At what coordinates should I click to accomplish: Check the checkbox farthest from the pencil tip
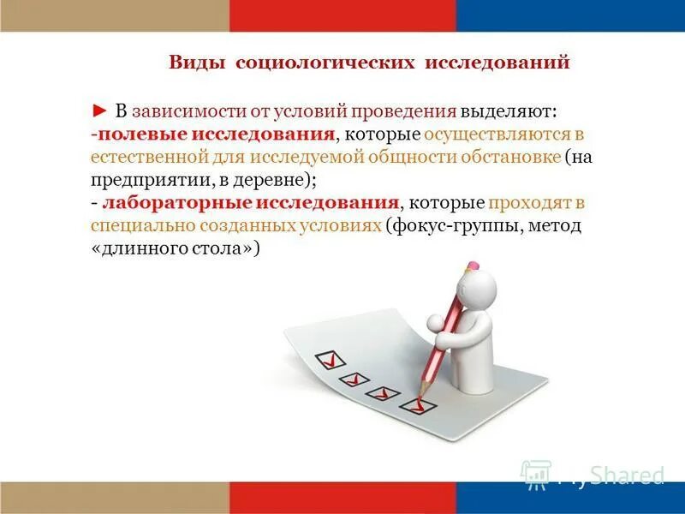tap(326, 357)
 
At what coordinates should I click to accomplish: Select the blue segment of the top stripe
tap(570, 15)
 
